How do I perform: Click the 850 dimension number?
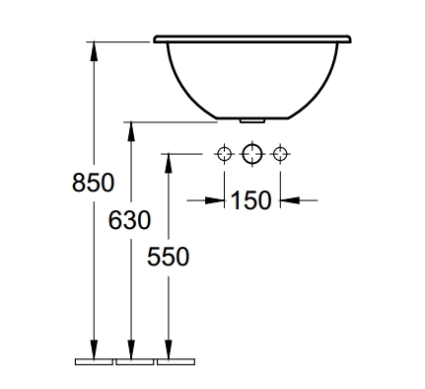pos(94,183)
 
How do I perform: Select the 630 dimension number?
pos(129,220)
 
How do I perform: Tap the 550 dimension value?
pos(168,257)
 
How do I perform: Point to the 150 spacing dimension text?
pos(251,200)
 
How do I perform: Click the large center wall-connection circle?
pos(252,153)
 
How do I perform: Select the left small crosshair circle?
pos(224,153)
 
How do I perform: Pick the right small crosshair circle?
pos(280,153)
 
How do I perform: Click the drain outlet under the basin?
pos(252,120)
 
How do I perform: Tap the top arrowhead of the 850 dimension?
pos(94,51)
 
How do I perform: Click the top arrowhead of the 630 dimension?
pos(131,131)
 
